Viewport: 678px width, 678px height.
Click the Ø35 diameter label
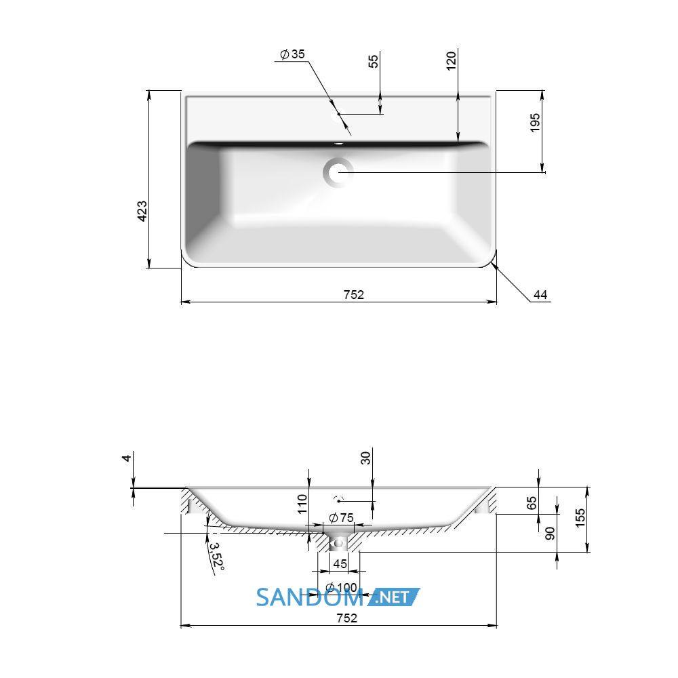pyautogui.click(x=292, y=54)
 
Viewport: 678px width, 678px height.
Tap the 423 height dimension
pyautogui.click(x=142, y=211)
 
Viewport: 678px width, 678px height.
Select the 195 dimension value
pyautogui.click(x=535, y=123)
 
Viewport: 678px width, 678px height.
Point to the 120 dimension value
pyautogui.click(x=451, y=60)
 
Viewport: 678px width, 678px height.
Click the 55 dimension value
pyautogui.click(x=373, y=61)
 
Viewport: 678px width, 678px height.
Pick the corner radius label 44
pyautogui.click(x=540, y=295)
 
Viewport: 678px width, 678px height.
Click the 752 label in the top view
pyautogui.click(x=354, y=294)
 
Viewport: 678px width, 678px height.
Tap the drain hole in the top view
pyautogui.click(x=338, y=172)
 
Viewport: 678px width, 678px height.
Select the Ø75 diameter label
pyautogui.click(x=341, y=517)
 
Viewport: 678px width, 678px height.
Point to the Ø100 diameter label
pyautogui.click(x=341, y=587)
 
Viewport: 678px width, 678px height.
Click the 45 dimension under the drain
pyautogui.click(x=340, y=563)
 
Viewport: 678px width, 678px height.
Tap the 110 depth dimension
pyautogui.click(x=302, y=504)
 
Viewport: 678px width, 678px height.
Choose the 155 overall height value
pyautogui.click(x=580, y=517)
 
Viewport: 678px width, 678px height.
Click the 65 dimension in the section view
pyautogui.click(x=532, y=503)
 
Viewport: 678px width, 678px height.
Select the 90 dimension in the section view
pyautogui.click(x=550, y=533)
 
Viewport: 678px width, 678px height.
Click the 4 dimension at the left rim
pyautogui.click(x=126, y=458)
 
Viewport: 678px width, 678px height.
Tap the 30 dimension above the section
pyautogui.click(x=366, y=458)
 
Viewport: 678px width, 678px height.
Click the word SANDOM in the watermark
pyautogui.click(x=310, y=597)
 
